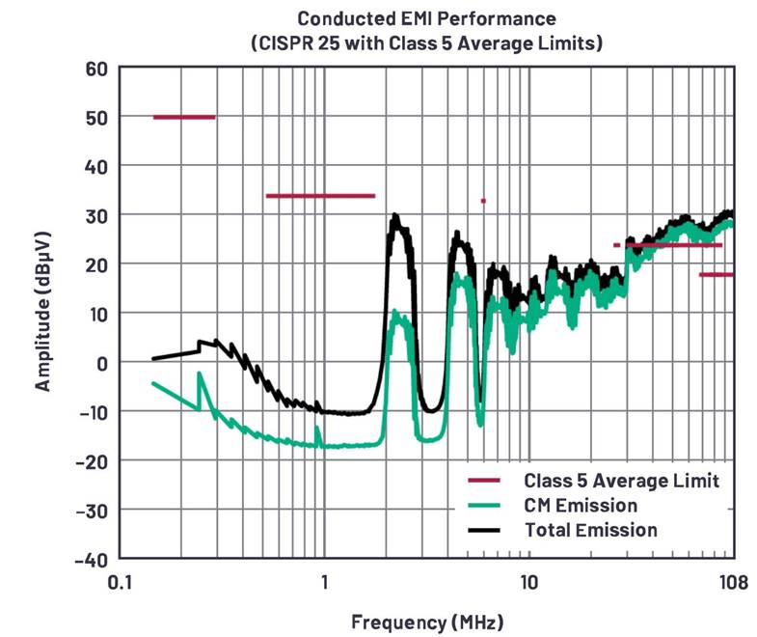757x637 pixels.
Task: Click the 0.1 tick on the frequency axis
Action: [120, 583]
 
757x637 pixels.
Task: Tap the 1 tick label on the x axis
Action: [324, 583]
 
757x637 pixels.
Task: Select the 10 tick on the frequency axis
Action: [528, 583]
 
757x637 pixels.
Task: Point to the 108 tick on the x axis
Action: [733, 583]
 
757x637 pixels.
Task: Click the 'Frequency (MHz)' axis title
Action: [426, 621]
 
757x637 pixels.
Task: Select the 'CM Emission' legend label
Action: [581, 505]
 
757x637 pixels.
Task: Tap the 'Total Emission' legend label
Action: [591, 530]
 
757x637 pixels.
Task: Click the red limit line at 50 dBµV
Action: [184, 118]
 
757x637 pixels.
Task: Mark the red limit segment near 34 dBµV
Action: [320, 196]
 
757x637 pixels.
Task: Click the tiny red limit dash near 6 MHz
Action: [483, 201]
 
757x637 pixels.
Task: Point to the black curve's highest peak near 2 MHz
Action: [395, 218]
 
